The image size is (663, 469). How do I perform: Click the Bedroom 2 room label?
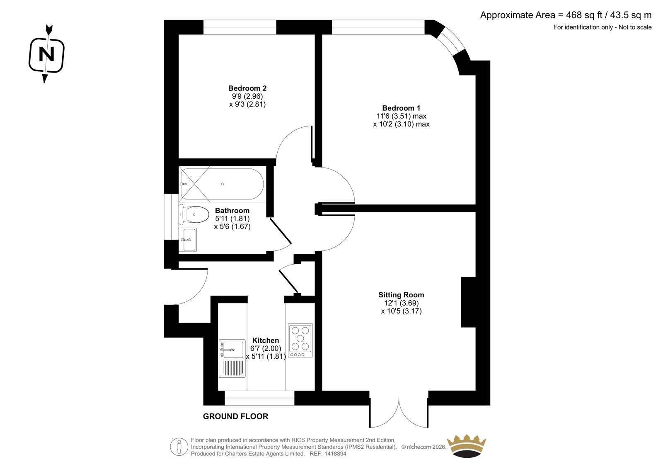(x=247, y=88)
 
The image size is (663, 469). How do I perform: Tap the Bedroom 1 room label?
(x=401, y=108)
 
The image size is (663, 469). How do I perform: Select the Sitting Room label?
(x=401, y=295)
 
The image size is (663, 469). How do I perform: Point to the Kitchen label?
(x=266, y=340)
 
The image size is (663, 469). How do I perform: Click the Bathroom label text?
(x=232, y=211)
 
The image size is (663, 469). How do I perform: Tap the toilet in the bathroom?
(x=194, y=214)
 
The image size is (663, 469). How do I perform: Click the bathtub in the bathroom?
(x=222, y=184)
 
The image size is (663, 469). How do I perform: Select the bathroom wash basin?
(x=188, y=240)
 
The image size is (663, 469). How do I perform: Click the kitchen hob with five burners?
(x=300, y=340)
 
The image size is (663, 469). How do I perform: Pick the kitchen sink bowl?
(x=233, y=350)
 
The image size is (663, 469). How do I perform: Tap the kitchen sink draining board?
(x=233, y=368)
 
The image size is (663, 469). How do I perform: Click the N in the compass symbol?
(x=46, y=54)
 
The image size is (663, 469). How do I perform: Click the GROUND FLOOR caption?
(x=236, y=417)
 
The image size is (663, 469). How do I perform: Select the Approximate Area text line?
(x=566, y=15)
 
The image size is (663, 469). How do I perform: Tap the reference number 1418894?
(x=335, y=454)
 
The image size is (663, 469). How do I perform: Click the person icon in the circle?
(x=179, y=447)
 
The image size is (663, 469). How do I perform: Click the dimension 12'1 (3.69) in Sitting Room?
(x=401, y=303)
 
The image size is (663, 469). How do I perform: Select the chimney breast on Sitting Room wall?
(x=468, y=302)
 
